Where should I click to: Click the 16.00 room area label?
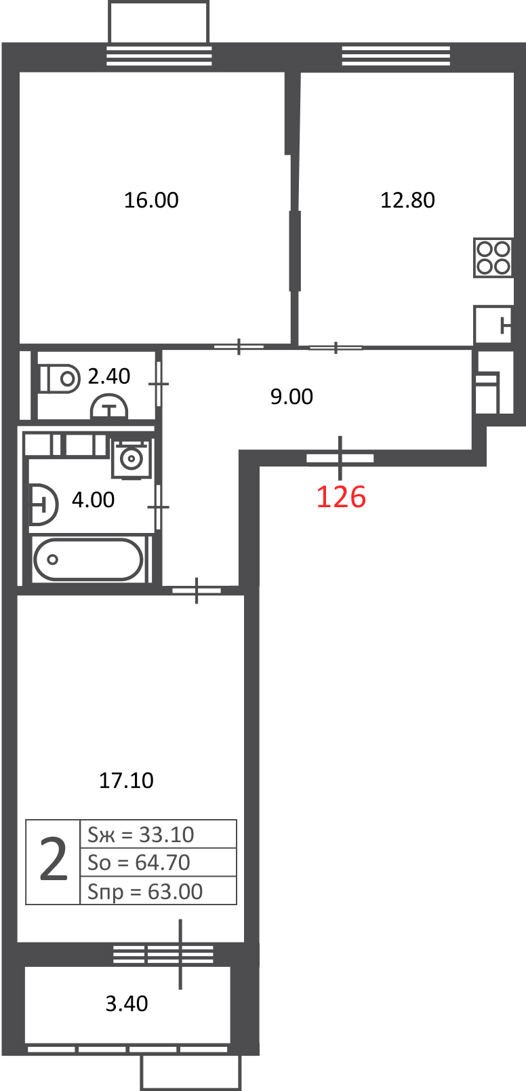[151, 200]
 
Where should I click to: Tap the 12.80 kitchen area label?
[407, 200]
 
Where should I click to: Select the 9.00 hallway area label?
[291, 397]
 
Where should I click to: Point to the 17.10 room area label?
[126, 780]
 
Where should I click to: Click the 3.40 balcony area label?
[127, 1004]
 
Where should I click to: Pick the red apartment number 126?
[341, 497]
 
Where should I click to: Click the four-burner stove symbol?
[493, 258]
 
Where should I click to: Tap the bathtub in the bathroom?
[88, 559]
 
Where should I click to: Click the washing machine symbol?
[131, 459]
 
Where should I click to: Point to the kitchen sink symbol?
[493, 324]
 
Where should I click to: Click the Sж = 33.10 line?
[141, 835]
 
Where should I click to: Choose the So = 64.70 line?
[139, 862]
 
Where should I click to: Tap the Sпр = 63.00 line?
[145, 892]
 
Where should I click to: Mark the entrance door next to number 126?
[340, 458]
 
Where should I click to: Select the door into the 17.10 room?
[197, 591]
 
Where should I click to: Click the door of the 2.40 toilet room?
[159, 384]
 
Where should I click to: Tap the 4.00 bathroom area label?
[93, 500]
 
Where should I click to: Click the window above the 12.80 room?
[396, 56]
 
